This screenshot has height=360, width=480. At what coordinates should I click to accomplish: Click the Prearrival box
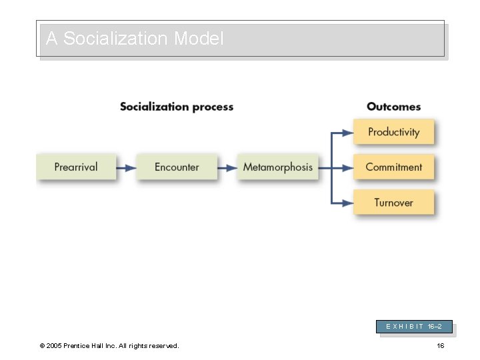[x=76, y=167]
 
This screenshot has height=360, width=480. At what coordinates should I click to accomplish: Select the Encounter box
[x=177, y=167]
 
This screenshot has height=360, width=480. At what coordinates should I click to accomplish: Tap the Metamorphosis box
[x=277, y=167]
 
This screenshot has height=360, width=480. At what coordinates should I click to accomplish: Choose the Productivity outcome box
[x=393, y=132]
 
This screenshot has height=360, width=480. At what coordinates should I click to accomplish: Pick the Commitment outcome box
[x=393, y=167]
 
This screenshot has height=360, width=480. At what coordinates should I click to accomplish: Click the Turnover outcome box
[x=393, y=203]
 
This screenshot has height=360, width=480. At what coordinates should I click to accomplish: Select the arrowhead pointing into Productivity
[x=347, y=133]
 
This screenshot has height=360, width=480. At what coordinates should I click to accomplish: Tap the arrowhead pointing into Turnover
[x=347, y=203]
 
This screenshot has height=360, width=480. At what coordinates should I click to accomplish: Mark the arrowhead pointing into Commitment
[x=347, y=168]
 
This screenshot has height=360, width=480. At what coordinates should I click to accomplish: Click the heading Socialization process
[x=177, y=107]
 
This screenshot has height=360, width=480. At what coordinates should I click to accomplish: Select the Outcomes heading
[x=393, y=107]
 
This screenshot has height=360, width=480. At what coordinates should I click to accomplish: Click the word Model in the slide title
[x=199, y=39]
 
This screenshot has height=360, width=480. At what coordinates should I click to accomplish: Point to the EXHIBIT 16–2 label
[x=415, y=327]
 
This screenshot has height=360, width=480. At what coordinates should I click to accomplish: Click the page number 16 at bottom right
[x=440, y=345]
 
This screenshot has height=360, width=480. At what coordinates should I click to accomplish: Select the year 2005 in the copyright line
[x=54, y=345]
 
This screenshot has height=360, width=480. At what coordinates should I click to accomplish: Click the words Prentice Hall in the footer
[x=93, y=345]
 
